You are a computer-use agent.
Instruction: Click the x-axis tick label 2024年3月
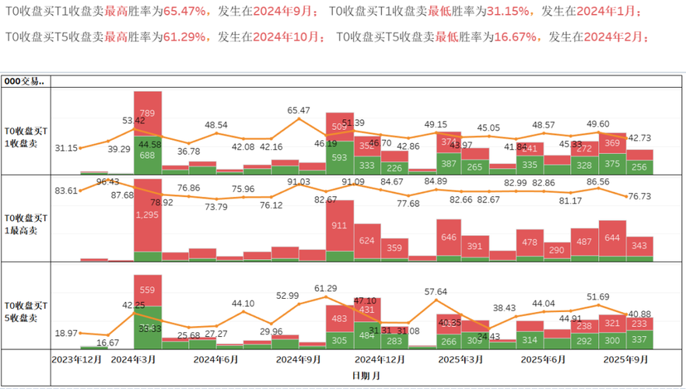point(134,359)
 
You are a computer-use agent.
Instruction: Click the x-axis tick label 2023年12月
point(76,359)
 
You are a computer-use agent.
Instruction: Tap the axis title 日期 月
point(365,375)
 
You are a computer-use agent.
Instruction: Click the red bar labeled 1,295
point(148,214)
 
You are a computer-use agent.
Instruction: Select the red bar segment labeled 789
point(148,114)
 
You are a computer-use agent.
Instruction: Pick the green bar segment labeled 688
point(148,156)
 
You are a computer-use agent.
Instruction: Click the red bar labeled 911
point(339,226)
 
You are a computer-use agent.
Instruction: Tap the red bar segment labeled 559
point(148,289)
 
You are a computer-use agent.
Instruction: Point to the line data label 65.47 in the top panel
point(299,110)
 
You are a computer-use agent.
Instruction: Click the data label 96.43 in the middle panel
point(107,182)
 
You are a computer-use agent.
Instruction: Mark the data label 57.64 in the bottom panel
point(436,291)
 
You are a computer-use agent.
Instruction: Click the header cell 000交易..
point(25,81)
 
